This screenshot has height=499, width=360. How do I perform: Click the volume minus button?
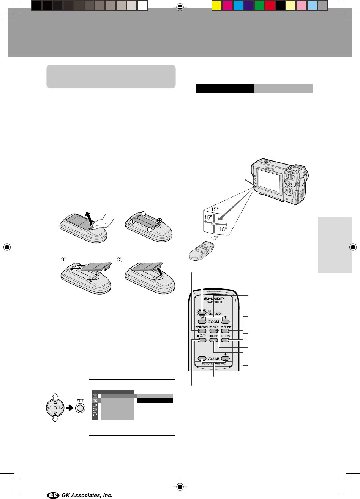[x=202, y=358]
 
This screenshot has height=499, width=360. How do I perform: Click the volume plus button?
[x=225, y=358]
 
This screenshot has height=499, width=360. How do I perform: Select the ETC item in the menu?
[x=95, y=401]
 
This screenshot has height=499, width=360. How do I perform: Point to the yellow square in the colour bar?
[x=216, y=5]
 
